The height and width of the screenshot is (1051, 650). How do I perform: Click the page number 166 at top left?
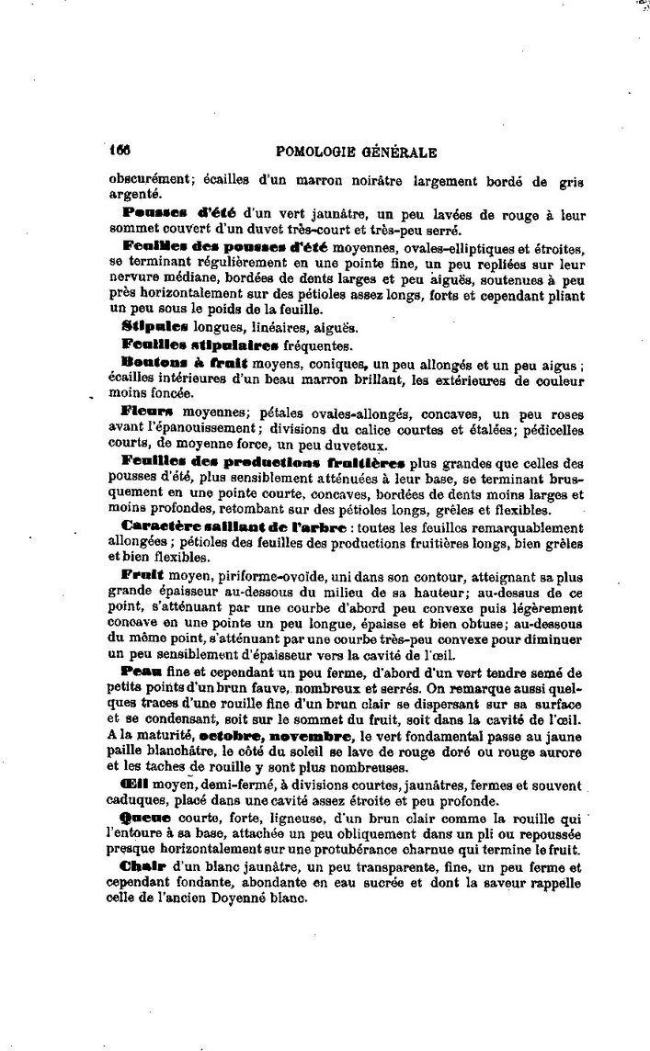click(120, 153)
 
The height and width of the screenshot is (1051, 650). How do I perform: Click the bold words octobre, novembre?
click(277, 735)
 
